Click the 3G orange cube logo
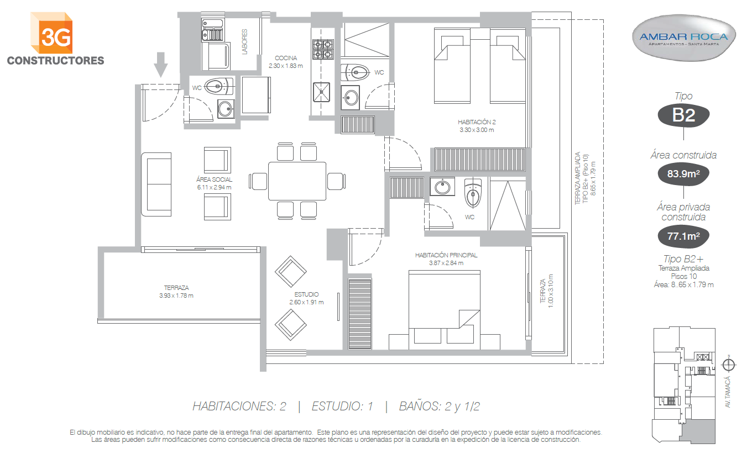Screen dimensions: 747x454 [x=51, y=33]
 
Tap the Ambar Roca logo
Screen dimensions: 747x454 [x=683, y=38]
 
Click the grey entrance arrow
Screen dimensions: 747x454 [x=161, y=65]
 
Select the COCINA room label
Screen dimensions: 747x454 [x=286, y=58]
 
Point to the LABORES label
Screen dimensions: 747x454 [x=244, y=41]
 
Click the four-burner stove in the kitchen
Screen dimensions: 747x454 [x=323, y=49]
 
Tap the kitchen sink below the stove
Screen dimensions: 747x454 [x=321, y=92]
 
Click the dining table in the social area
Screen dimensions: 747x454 [x=297, y=181]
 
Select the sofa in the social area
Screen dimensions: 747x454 [x=156, y=184]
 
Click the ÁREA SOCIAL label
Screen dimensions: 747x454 [x=214, y=180]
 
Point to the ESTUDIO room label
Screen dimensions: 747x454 [x=306, y=294]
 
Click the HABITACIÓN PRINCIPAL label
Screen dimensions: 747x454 [x=446, y=255]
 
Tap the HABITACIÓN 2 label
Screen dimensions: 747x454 [x=477, y=122]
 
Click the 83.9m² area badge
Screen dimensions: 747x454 [x=683, y=173]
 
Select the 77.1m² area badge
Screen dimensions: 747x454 [x=683, y=236]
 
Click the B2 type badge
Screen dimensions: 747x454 [x=683, y=115]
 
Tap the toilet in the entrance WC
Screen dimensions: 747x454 [x=218, y=87]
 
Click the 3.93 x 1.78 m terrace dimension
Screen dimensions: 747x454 [x=176, y=295]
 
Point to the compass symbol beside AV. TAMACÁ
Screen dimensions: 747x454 [x=729, y=365]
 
